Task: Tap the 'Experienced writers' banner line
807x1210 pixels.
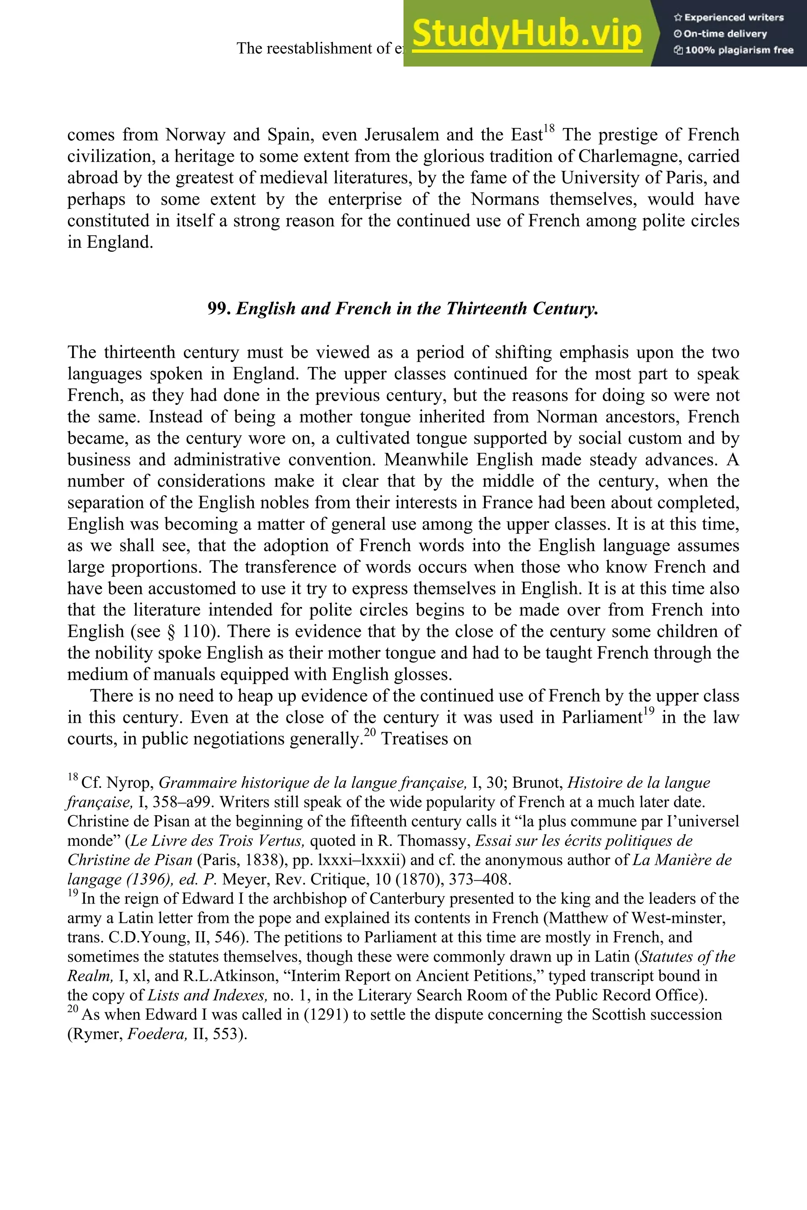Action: pos(729,17)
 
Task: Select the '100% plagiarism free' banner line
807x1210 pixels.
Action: pos(733,50)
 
